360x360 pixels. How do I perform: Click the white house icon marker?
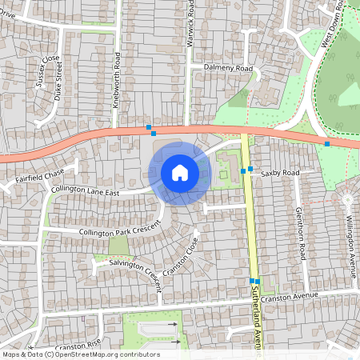click(x=180, y=172)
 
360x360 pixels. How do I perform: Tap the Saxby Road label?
click(x=279, y=173)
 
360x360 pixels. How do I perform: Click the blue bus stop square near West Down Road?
click(x=326, y=144)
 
